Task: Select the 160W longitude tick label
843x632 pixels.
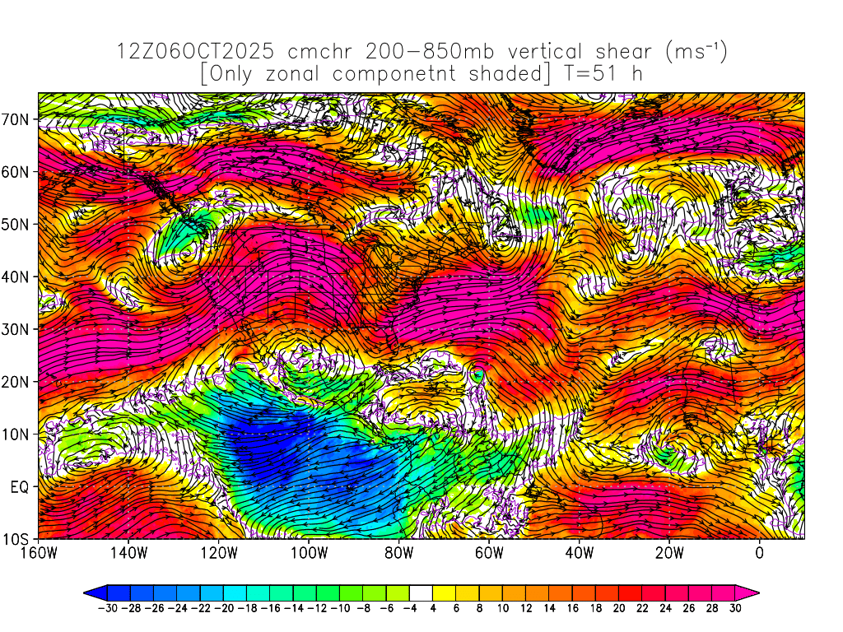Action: pyautogui.click(x=40, y=553)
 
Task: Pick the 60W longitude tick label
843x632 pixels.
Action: pyautogui.click(x=489, y=553)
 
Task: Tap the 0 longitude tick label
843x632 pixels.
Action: pyautogui.click(x=759, y=553)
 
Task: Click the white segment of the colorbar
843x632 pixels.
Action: pyautogui.click(x=421, y=592)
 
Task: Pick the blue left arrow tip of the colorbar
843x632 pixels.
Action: pyautogui.click(x=90, y=592)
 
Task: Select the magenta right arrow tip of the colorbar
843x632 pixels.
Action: pyautogui.click(x=752, y=592)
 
